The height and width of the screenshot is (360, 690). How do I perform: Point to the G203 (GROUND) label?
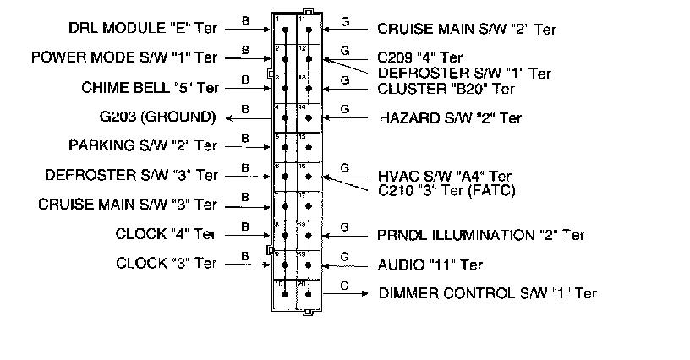pyautogui.click(x=158, y=116)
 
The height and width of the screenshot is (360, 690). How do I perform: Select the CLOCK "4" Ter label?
pyautogui.click(x=167, y=234)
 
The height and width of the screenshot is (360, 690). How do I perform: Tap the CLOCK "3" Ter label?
pyautogui.click(x=167, y=263)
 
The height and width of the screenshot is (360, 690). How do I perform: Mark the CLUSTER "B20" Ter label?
pyautogui.click(x=446, y=87)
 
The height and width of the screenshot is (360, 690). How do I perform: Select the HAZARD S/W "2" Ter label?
pyautogui.click(x=450, y=117)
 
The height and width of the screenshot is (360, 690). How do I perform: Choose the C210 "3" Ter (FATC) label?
pyautogui.click(x=447, y=190)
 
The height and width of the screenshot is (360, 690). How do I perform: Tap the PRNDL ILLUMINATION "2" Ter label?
pyautogui.click(x=481, y=234)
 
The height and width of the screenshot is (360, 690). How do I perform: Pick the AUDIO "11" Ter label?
pyautogui.click(x=430, y=265)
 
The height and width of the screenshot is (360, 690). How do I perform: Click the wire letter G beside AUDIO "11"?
pyautogui.click(x=344, y=256)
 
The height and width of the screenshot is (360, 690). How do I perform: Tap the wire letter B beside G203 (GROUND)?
pyautogui.click(x=244, y=108)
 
